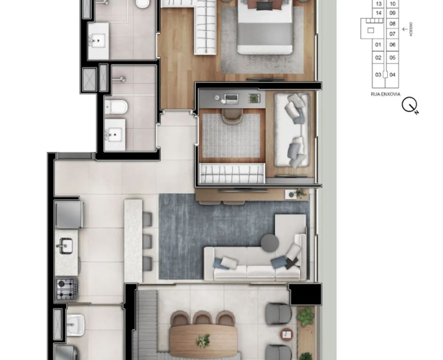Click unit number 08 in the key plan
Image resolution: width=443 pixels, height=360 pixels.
point(392,23)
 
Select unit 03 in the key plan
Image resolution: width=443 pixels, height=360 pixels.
point(378,75)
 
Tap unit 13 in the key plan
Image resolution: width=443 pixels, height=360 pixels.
point(378,4)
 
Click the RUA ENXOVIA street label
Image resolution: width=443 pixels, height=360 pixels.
point(385,94)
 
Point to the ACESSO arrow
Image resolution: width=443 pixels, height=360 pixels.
point(405,29)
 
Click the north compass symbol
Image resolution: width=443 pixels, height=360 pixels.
point(410,105)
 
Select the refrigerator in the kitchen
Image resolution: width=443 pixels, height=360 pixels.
point(69,214)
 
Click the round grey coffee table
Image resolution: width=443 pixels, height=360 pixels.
point(270,243)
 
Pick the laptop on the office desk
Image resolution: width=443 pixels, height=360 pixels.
point(231,99)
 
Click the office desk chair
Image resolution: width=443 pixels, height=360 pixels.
point(232,116)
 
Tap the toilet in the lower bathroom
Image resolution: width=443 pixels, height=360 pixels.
point(116,107)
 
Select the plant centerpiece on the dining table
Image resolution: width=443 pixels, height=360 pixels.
point(203,340)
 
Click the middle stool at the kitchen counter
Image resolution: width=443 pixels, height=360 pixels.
point(147,241)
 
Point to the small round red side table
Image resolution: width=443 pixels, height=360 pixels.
point(287,335)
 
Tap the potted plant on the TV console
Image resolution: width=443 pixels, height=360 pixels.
point(299,193)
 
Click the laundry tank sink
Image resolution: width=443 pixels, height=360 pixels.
point(75,325)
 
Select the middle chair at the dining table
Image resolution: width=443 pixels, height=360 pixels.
point(203,318)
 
